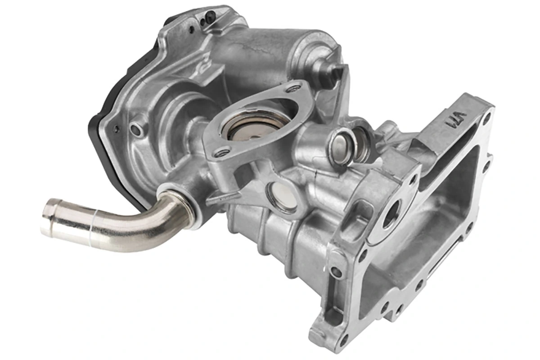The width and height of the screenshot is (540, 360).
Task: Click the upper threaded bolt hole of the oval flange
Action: [x=295, y=88]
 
